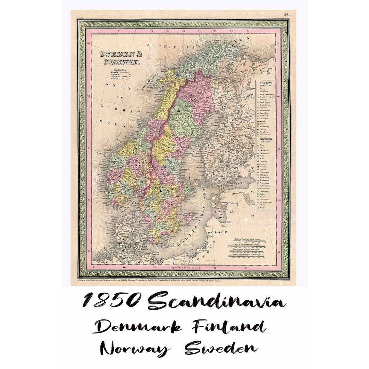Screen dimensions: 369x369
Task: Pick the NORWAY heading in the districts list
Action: coord(266,83)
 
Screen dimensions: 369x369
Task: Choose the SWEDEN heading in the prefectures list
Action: coord(266,139)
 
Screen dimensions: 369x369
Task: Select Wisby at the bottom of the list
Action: coord(264,207)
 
